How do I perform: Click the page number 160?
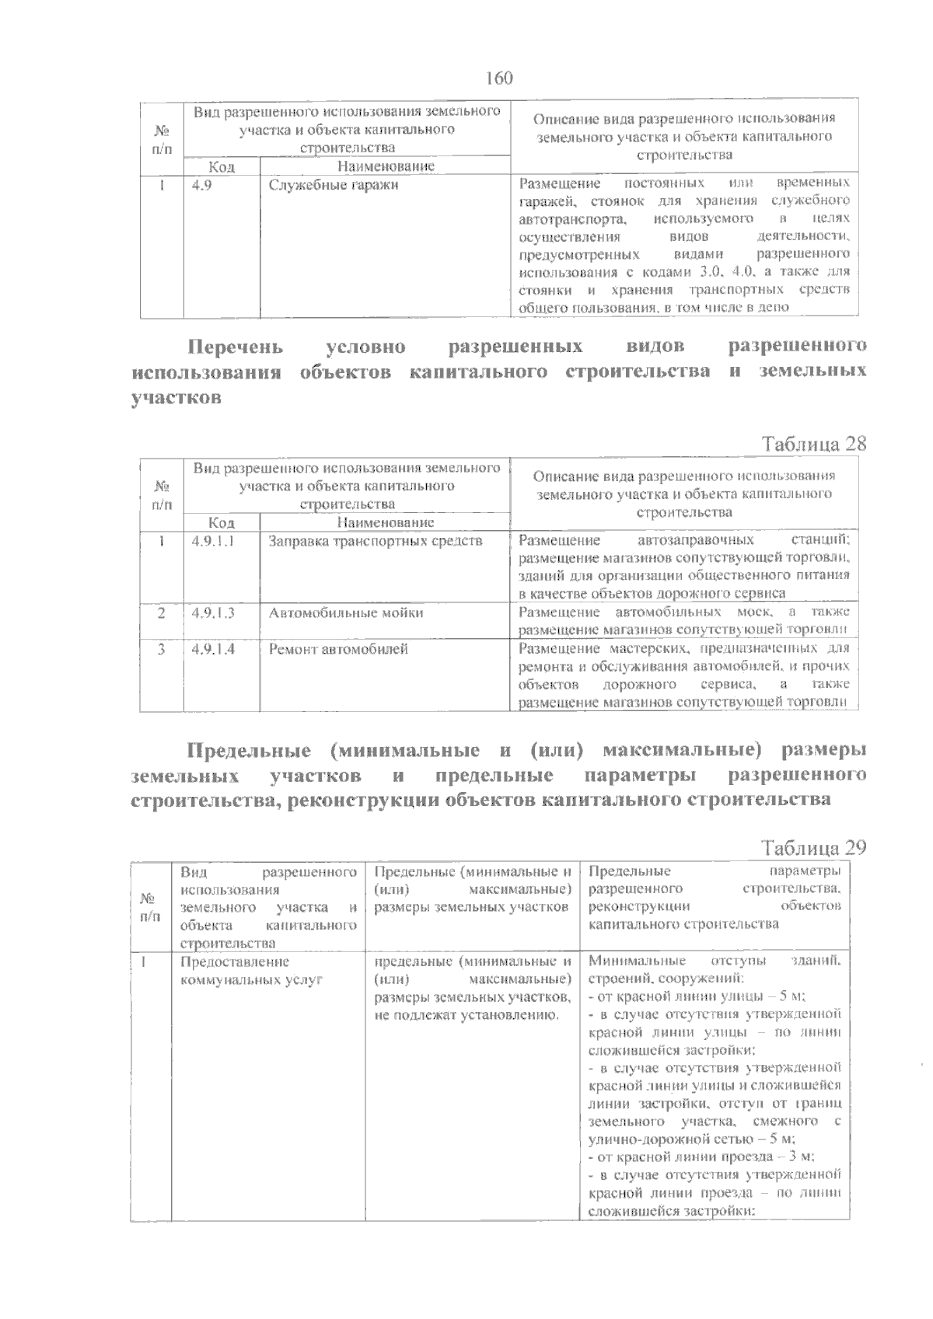(498, 79)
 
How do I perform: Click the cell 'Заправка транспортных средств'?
(376, 540)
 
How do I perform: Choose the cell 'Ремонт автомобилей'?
(338, 648)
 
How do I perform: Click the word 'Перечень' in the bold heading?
(236, 345)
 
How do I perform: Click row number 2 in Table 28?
(161, 612)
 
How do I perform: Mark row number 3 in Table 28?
(161, 648)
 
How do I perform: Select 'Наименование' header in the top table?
(385, 166)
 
